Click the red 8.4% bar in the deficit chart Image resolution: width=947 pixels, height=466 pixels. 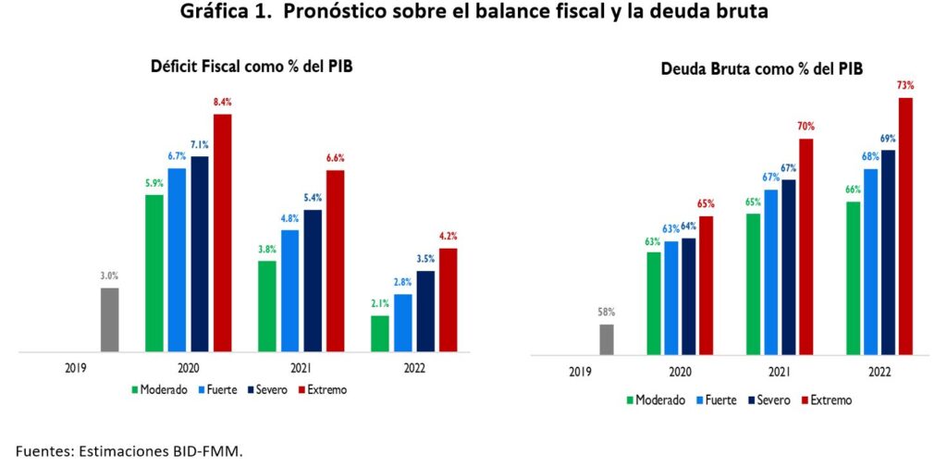pos(222,233)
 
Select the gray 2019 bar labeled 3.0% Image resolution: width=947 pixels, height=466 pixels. pos(109,320)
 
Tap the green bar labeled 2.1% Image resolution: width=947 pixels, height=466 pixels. pos(380,334)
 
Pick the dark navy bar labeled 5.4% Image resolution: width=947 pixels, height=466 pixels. pos(313,281)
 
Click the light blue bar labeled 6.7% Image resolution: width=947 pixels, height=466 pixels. pos(177,260)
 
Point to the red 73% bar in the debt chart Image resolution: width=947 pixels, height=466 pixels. pos(904,227)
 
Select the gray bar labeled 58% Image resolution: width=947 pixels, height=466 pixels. pos(607,339)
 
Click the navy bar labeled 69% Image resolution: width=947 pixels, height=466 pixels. pos(888,252)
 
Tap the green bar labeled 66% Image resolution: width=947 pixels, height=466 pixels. pos(853,278)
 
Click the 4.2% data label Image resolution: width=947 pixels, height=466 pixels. pos(448,237)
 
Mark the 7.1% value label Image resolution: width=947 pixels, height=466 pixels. pos(199,144)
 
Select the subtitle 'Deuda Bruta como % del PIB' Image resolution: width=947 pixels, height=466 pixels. pos(761,69)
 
